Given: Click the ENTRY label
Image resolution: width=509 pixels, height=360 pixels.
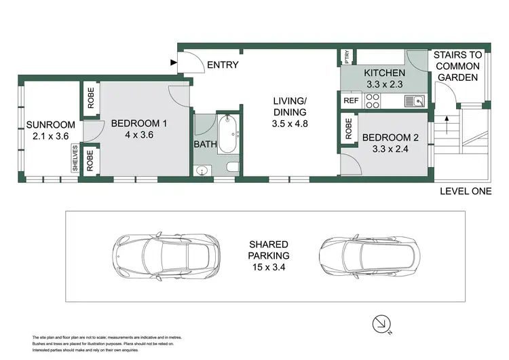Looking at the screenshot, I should [x=223, y=65].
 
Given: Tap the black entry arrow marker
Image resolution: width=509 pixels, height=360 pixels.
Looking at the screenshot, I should [x=174, y=65].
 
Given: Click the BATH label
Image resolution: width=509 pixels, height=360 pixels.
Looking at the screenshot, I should [x=205, y=145].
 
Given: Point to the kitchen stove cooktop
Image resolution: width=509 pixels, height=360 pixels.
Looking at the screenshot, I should [x=373, y=101].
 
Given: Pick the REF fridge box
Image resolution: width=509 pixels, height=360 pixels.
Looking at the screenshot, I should [x=351, y=101].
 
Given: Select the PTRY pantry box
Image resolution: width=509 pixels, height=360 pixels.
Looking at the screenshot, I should [x=347, y=56].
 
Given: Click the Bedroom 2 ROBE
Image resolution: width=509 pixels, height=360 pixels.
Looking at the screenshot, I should [x=348, y=129].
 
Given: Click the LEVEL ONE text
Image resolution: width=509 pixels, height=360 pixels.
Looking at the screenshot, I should [x=465, y=192].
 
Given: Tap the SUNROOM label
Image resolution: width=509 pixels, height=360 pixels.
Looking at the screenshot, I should [x=48, y=124].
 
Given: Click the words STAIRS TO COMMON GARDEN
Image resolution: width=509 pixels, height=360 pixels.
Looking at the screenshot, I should [x=457, y=66].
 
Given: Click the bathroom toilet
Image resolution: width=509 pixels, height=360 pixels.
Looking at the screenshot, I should [x=231, y=167].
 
